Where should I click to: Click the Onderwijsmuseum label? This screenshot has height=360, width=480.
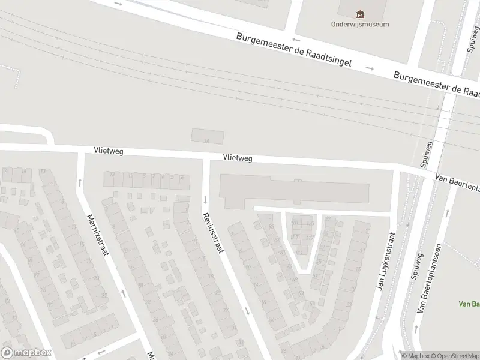click(359, 25)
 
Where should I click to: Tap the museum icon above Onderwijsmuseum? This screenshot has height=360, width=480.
click(359, 14)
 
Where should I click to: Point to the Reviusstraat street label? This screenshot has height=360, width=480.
click(212, 234)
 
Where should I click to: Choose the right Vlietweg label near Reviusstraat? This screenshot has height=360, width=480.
click(237, 158)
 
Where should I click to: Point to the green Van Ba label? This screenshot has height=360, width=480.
click(469, 304)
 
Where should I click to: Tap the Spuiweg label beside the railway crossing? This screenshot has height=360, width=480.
click(426, 152)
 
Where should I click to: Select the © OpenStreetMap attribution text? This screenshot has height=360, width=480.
click(454, 356)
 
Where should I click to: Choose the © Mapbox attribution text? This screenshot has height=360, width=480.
click(415, 356)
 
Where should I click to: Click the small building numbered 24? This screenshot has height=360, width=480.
click(206, 136)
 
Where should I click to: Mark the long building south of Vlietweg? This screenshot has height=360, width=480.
click(294, 190)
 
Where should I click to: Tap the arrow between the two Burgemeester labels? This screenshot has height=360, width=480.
click(370, 68)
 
